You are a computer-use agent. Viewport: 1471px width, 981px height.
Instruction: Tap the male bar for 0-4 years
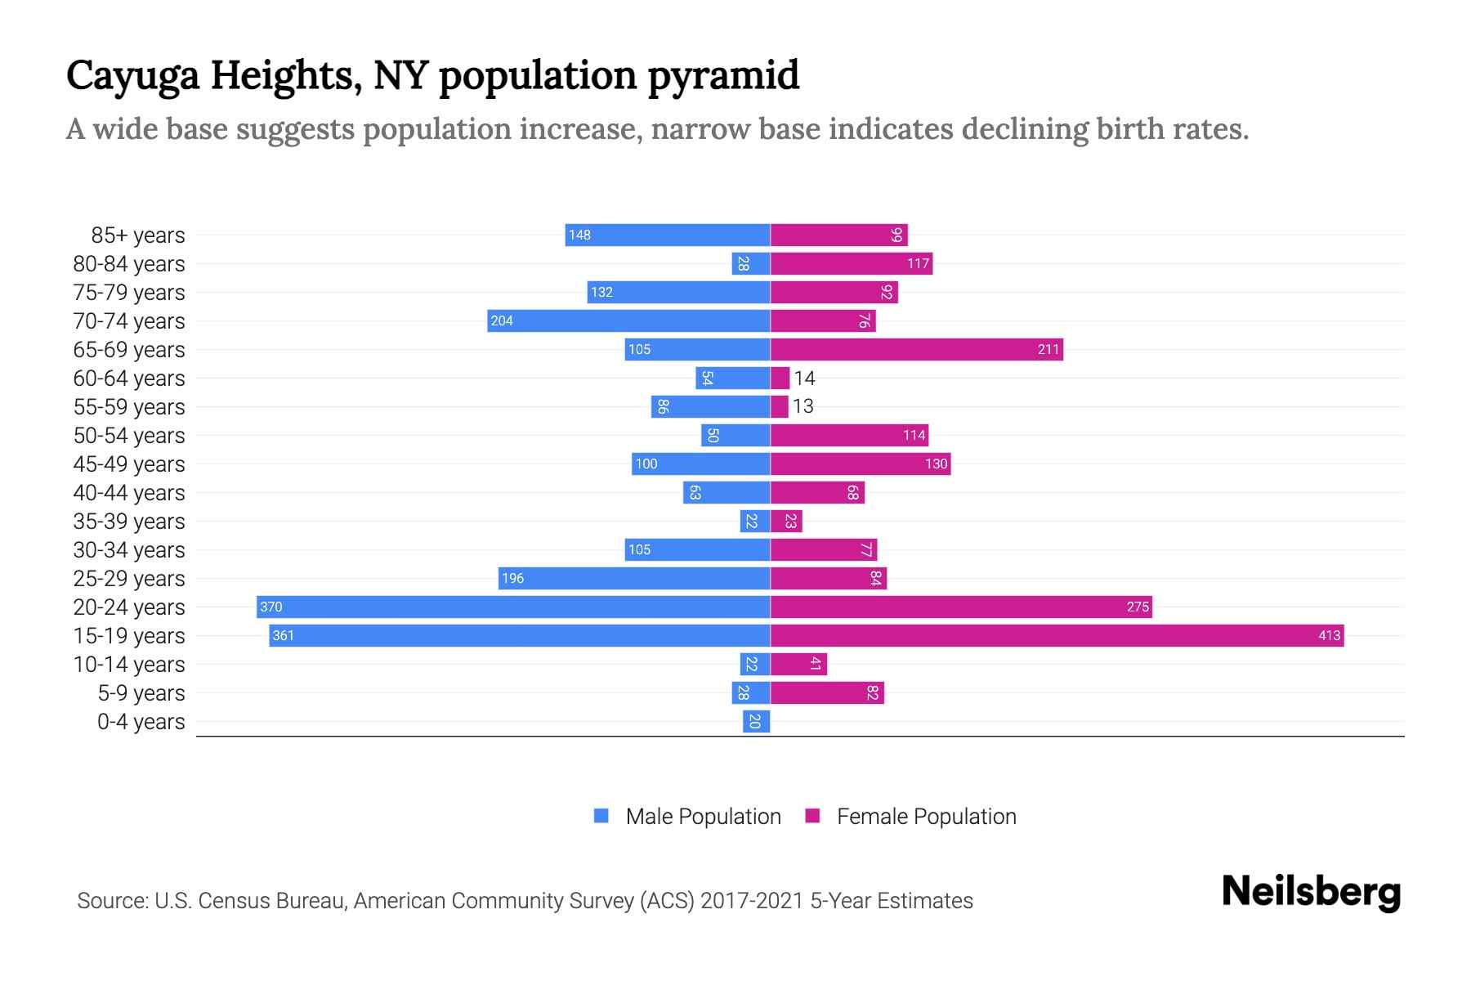[757, 722]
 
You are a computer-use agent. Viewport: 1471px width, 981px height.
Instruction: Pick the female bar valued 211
[916, 350]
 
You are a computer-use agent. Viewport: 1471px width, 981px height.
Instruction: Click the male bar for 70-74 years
[628, 321]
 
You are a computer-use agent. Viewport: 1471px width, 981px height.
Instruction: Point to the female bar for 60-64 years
[780, 379]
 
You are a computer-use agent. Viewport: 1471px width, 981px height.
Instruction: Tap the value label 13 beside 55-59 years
[803, 406]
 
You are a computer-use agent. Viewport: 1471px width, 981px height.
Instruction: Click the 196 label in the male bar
[512, 579]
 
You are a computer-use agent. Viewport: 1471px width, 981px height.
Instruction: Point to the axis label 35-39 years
[129, 522]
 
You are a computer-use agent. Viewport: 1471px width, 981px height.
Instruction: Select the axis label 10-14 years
[129, 665]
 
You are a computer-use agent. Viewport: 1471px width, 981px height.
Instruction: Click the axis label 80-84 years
[129, 264]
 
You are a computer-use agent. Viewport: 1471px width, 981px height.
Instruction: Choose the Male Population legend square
[601, 816]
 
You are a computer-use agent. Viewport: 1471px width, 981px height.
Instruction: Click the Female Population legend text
[926, 817]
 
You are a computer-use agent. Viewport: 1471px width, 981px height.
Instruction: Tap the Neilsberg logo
[1311, 892]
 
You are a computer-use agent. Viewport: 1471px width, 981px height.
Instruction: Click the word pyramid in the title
[723, 76]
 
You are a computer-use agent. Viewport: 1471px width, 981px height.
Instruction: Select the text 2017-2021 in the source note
[752, 901]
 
